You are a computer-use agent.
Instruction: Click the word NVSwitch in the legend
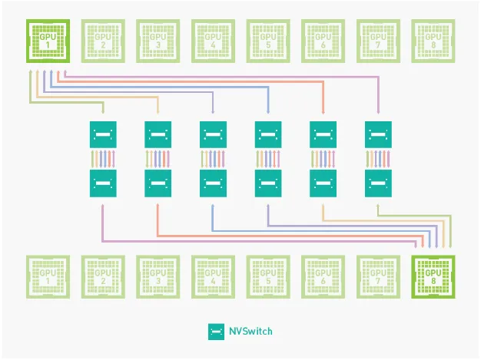[x=250, y=332]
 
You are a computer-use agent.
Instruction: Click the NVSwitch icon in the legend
[x=216, y=332]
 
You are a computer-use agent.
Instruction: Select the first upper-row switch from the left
[x=103, y=135]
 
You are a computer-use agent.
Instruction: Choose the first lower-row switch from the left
[x=103, y=183]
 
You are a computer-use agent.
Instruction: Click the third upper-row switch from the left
[x=213, y=135]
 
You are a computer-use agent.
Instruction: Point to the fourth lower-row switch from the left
[x=268, y=183]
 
